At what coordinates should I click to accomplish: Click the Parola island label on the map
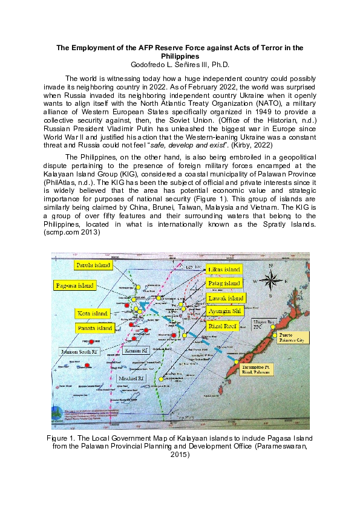point(93,265)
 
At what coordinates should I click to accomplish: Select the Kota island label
point(93,314)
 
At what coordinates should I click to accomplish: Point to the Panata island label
point(95,328)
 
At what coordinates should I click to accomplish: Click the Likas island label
point(224,269)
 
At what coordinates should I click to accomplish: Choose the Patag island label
point(224,283)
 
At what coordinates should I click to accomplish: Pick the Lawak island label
point(226,298)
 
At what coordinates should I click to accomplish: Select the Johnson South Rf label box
point(79,351)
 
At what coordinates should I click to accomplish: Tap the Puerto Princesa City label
point(292,337)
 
